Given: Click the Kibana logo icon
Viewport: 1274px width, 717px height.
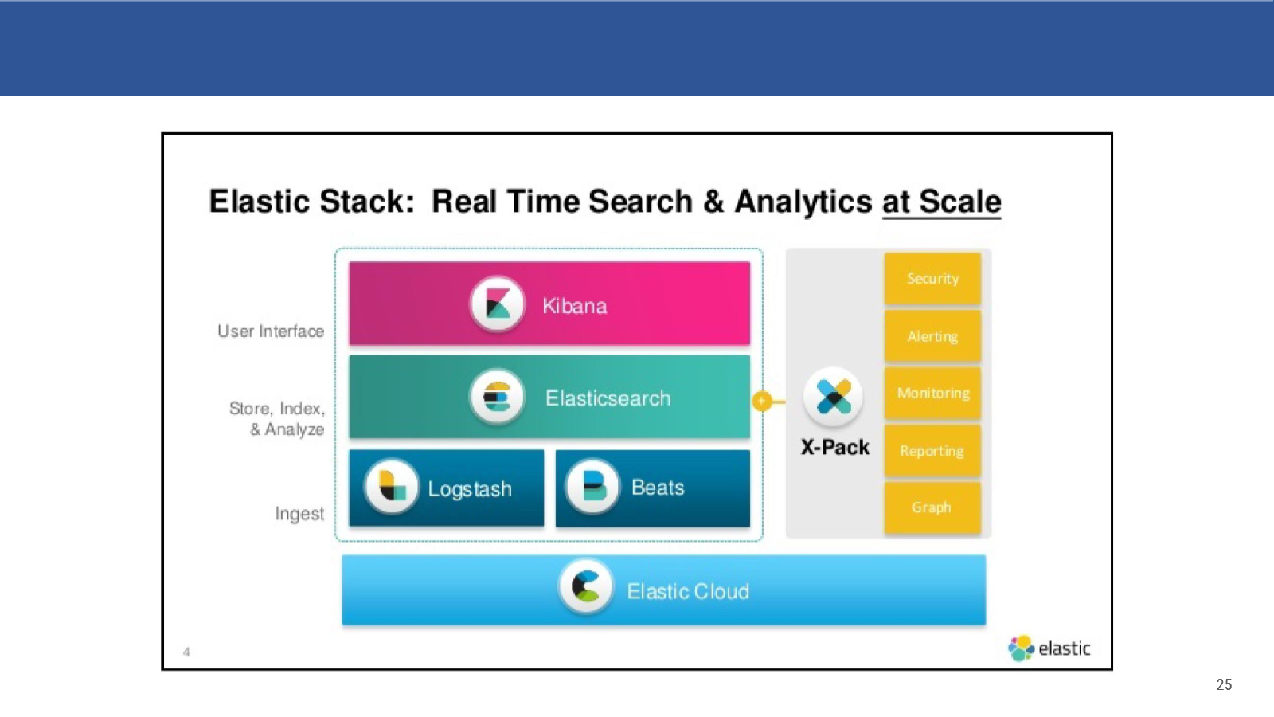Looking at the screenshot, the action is click(497, 304).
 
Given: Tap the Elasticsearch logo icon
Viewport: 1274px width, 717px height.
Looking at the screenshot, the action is click(497, 398).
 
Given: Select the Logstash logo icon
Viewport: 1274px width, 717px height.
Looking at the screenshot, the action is click(391, 487).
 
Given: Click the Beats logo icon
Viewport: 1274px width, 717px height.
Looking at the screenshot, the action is click(592, 487).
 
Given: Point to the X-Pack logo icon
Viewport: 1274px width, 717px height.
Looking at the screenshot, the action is click(833, 398).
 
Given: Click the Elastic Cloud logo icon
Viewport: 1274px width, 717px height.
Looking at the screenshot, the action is click(586, 586).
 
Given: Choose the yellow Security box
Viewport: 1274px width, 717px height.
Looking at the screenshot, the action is click(932, 279).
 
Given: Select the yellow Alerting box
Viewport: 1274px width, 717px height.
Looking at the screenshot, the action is click(932, 336).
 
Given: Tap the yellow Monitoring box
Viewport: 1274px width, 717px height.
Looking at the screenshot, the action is click(932, 394).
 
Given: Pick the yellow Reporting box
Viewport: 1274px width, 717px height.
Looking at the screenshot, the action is click(932, 451).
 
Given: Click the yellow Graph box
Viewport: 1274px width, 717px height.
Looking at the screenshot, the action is click(932, 507).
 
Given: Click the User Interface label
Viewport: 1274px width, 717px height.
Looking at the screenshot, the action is click(271, 331).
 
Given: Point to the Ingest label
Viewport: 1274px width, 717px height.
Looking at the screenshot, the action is click(299, 514).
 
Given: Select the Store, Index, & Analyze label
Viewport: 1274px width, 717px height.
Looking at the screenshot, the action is click(277, 419).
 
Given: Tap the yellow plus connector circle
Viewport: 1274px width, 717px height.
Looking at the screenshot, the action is click(762, 402).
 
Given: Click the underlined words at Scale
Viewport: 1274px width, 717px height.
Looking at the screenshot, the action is click(942, 202).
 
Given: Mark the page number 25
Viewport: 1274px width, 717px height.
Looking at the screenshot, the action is click(1224, 684).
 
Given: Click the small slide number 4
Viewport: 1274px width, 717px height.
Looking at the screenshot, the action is click(186, 652).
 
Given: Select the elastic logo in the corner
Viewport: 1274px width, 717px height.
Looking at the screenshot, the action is click(1049, 648).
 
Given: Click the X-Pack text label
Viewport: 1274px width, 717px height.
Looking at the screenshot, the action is click(835, 447).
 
